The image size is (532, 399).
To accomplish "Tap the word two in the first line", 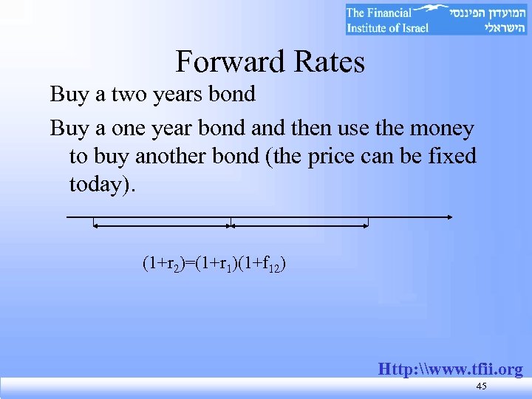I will [134, 95].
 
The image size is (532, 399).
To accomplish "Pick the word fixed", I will [450, 157].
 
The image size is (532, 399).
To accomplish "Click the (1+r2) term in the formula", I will [162, 262].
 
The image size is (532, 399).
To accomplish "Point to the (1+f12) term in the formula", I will [265, 262].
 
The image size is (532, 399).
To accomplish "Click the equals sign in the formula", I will [185, 262].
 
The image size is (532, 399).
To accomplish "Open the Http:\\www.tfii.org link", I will [450, 369].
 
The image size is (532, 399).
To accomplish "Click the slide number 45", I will [482, 387].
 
